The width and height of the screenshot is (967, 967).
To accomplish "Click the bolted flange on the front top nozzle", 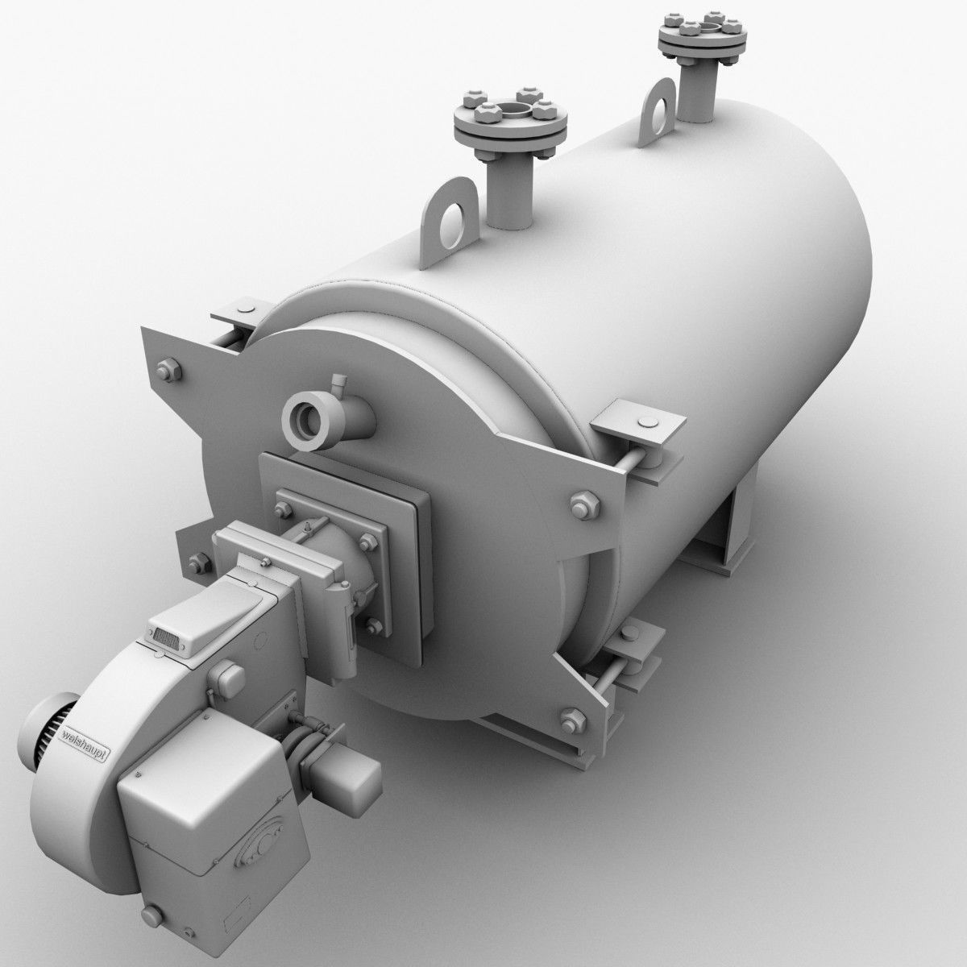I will [511, 121].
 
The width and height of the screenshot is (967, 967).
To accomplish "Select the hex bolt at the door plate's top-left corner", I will [170, 371].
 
